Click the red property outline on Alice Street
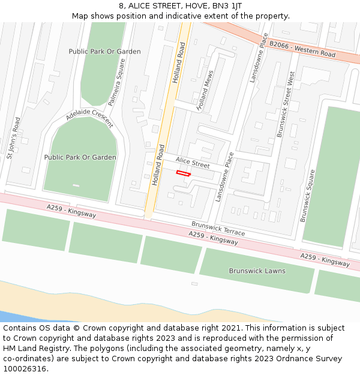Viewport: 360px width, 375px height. (183, 173)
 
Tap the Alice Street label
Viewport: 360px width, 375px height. (192, 163)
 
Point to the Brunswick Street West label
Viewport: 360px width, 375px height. (283, 105)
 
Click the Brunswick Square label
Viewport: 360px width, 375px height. (308, 196)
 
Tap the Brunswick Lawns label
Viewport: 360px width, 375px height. (257, 271)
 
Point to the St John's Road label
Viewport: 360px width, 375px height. (13, 137)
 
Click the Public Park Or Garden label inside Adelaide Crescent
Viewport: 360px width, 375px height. (80, 157)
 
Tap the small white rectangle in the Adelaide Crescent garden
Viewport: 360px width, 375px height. (76, 185)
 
